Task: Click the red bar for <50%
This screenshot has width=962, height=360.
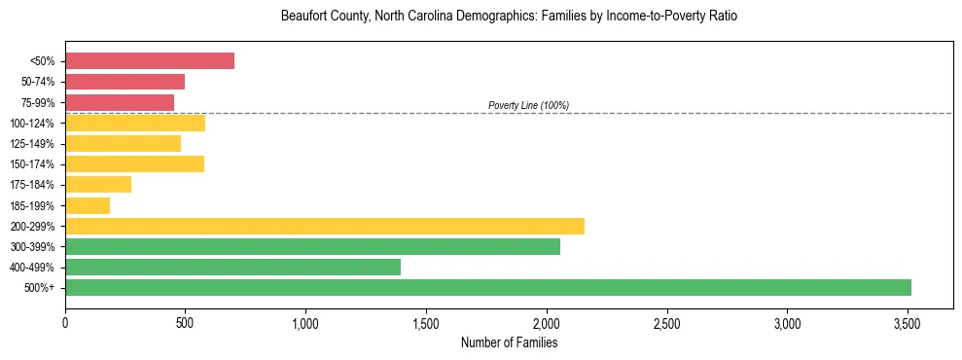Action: (x=150, y=61)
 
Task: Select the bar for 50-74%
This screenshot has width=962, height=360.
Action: (x=125, y=82)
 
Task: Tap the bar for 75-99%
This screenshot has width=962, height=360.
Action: (x=120, y=102)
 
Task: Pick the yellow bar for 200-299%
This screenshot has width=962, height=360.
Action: (x=325, y=226)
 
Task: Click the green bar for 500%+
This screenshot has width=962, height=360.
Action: (x=488, y=287)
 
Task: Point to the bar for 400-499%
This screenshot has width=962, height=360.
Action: (x=232, y=267)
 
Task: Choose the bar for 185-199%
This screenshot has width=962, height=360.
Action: (x=88, y=205)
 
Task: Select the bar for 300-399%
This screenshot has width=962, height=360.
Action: (x=312, y=246)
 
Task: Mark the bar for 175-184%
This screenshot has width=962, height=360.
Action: (x=98, y=185)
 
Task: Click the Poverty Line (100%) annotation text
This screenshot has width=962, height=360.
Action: (x=528, y=105)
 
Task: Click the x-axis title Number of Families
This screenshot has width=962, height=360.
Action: (x=509, y=342)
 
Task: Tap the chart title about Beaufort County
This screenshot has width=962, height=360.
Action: (x=509, y=17)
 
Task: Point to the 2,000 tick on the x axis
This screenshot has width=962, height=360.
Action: (x=547, y=322)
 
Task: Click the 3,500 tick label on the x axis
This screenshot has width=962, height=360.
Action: (x=908, y=322)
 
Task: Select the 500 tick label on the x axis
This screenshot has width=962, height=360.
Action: (x=186, y=322)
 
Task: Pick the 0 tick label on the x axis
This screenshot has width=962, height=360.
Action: (x=65, y=322)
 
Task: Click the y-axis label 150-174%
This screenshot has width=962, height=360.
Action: (x=35, y=164)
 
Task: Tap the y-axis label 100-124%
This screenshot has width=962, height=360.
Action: (x=35, y=124)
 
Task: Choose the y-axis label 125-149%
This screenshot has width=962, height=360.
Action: (x=35, y=144)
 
